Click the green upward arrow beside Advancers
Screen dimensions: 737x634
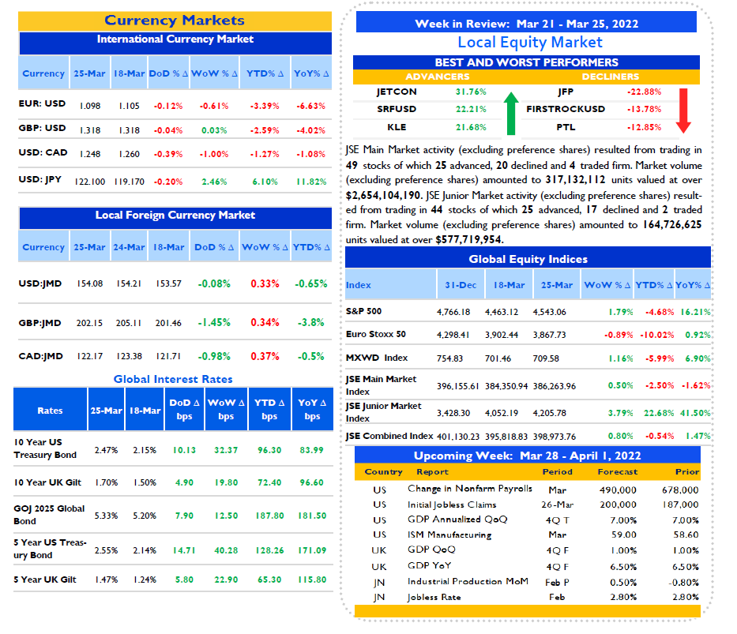pos(511,113)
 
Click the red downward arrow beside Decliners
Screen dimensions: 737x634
pos(683,111)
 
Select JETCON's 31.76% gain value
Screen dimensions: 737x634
pos(471,92)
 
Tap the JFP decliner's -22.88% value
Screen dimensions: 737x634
pos(644,92)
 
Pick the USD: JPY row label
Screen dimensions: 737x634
pos(40,179)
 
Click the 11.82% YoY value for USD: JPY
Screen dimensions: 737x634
pos(311,182)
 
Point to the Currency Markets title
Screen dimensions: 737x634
pos(175,21)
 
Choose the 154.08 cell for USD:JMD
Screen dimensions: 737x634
pos(90,283)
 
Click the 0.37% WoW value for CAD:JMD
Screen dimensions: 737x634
pos(265,356)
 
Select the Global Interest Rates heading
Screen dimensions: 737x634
pos(173,379)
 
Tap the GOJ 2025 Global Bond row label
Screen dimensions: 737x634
pos(49,515)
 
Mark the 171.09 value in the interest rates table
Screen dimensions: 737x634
pos(312,550)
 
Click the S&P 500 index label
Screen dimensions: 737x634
pos(364,311)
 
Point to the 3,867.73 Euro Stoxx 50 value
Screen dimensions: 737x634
pos(550,335)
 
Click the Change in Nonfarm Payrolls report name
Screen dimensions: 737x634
pos(470,489)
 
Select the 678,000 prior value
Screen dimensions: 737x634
pos(680,490)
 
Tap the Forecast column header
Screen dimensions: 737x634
pos(618,471)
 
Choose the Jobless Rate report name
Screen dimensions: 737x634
pos(434,598)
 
